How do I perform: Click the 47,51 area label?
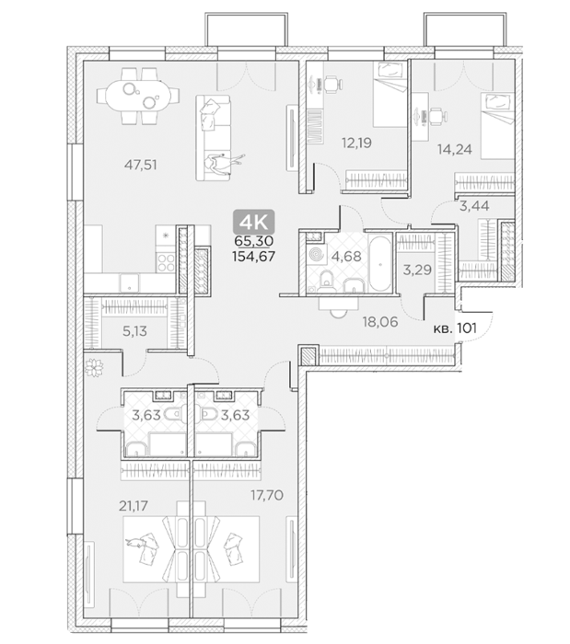pyautogui.click(x=141, y=165)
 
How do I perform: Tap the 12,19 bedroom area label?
pyautogui.click(x=356, y=143)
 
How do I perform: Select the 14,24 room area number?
pyautogui.click(x=455, y=149)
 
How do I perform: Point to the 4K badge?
pyautogui.click(x=254, y=223)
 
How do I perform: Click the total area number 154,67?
pyautogui.click(x=253, y=257)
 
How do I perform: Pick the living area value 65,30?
pyautogui.click(x=253, y=241)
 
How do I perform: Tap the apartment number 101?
pyautogui.click(x=467, y=328)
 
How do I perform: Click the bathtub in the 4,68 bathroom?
pyautogui.click(x=379, y=263)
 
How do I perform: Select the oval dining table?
pyautogui.click(x=138, y=96)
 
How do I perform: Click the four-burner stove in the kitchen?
pyautogui.click(x=166, y=262)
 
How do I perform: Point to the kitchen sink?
pyautogui.click(x=130, y=283)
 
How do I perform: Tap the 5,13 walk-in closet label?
pyautogui.click(x=134, y=331)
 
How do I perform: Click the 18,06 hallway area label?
pyautogui.click(x=380, y=322)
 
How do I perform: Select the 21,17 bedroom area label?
pyautogui.click(x=134, y=506)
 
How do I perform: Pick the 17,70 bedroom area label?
pyautogui.click(x=267, y=495)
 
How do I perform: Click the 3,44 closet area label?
pyautogui.click(x=474, y=206)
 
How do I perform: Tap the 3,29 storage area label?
pyautogui.click(x=417, y=270)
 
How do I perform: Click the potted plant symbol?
pyautogui.click(x=94, y=367)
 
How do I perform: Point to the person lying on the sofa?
pyautogui.click(x=223, y=164)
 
